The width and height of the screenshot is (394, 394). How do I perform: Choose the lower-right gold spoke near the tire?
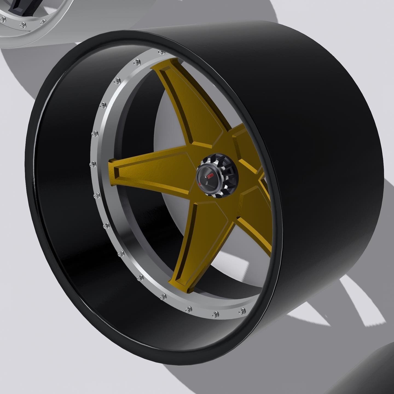coord(254,219)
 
